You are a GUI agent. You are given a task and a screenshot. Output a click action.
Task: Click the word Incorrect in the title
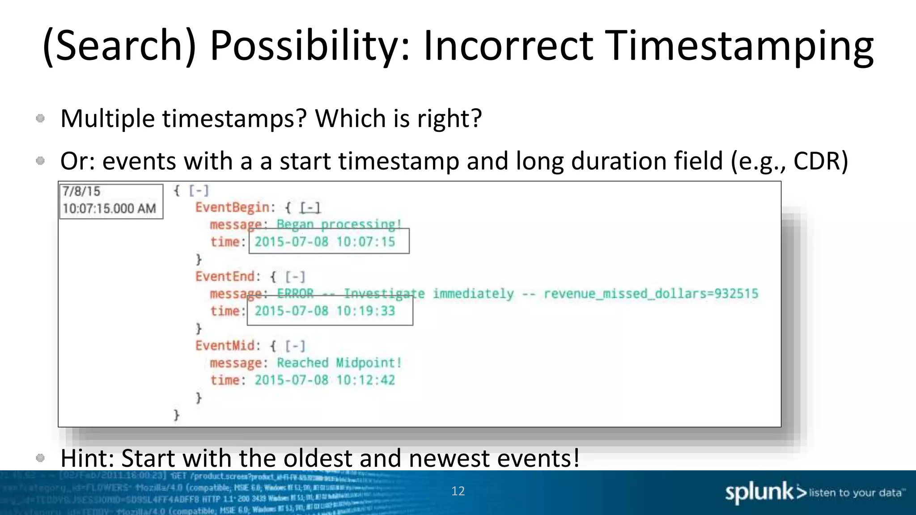coord(509,46)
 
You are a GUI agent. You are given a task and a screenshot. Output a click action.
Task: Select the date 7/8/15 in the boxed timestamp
coord(81,191)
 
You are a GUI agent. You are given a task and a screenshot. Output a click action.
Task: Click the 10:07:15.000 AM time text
coord(109,209)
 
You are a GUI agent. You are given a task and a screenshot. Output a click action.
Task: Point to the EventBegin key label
coord(233,207)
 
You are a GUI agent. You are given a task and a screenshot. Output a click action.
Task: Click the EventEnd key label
coord(225,277)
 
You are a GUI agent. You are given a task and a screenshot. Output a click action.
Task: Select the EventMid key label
coord(225,346)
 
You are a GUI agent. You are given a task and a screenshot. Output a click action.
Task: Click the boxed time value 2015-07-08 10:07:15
coord(325,242)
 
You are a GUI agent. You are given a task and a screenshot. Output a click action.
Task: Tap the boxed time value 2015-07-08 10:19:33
coord(325,311)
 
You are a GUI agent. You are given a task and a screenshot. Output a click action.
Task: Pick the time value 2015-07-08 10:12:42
coord(325,380)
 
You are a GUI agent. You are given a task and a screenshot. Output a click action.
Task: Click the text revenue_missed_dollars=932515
coord(651,294)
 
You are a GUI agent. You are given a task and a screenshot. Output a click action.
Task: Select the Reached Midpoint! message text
coord(339,363)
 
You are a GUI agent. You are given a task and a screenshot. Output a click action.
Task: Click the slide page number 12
coord(458,491)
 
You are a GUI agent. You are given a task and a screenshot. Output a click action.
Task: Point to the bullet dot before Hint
coord(40,458)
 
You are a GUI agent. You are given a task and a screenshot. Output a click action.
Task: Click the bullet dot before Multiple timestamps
coord(40,118)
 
